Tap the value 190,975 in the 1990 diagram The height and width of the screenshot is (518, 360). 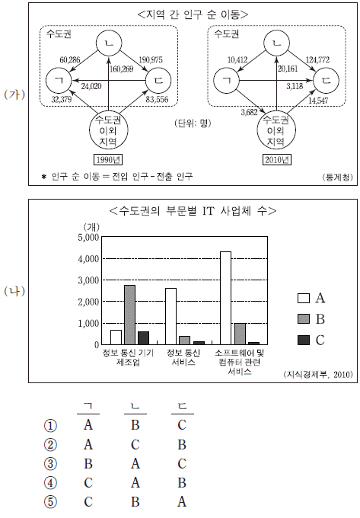click(x=151, y=59)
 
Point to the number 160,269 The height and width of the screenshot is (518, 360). click(x=122, y=69)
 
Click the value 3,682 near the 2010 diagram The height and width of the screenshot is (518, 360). click(x=249, y=112)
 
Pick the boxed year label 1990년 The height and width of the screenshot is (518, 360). click(x=108, y=160)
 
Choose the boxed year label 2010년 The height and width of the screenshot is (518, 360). click(x=277, y=160)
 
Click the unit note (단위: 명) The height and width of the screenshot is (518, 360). click(x=193, y=123)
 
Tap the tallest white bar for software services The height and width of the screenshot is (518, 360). click(x=226, y=298)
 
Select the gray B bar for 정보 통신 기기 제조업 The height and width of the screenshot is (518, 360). click(x=129, y=315)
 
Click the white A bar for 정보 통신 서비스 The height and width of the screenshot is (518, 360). click(x=170, y=316)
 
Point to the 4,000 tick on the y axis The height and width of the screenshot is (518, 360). click(x=88, y=259)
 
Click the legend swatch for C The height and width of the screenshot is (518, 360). click(x=304, y=341)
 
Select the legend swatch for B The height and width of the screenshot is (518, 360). click(x=304, y=319)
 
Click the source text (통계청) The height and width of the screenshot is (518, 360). click(x=337, y=177)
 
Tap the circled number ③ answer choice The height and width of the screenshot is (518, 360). click(x=50, y=464)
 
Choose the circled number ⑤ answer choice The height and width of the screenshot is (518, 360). click(x=50, y=502)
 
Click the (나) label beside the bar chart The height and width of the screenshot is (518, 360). click(x=14, y=291)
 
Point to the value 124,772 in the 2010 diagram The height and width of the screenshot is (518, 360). click(x=317, y=59)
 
